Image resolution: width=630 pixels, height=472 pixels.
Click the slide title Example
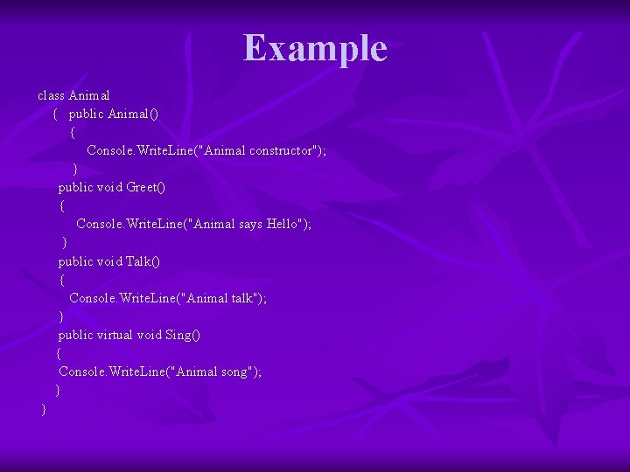[x=315, y=48]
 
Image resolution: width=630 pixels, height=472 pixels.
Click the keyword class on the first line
[x=51, y=94]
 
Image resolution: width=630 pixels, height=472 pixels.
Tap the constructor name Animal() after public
[x=133, y=114]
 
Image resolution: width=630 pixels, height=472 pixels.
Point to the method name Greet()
[x=146, y=187]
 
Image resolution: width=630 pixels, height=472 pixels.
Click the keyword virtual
[x=115, y=335]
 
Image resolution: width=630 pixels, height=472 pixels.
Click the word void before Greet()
[x=109, y=187]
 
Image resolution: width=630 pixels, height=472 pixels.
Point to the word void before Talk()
[x=109, y=261]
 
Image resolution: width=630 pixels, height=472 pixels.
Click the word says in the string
[x=251, y=224]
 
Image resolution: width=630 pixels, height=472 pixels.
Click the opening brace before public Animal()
[x=55, y=114]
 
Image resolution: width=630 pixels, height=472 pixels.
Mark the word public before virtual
[x=76, y=335]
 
